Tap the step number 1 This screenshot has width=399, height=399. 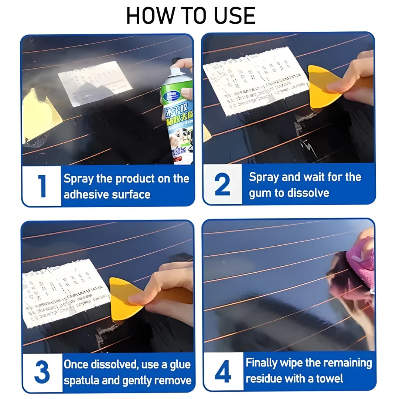click(42, 186)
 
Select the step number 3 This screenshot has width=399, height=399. click(42, 372)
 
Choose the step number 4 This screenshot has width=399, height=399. click(223, 372)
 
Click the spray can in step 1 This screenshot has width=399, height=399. click(178, 115)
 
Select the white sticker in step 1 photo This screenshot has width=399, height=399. click(95, 83)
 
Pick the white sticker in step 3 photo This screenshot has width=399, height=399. click(65, 292)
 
